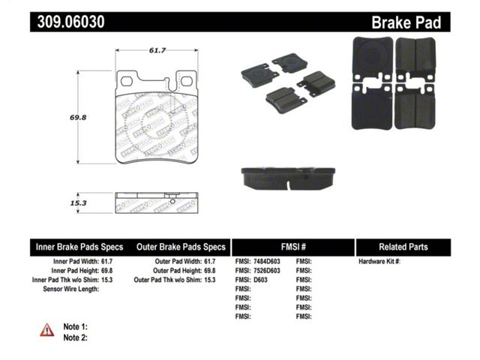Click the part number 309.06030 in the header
pos(71,22)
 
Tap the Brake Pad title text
pos(406,22)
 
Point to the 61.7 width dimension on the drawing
pos(157,50)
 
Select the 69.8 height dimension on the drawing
pos(78,117)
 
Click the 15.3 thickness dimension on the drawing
pos(78,203)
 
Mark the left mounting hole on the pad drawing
pos(127,82)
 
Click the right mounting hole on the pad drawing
pos(187,82)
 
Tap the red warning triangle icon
pos(46,330)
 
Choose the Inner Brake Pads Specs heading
pos(79,247)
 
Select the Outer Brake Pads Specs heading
pos(181,247)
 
